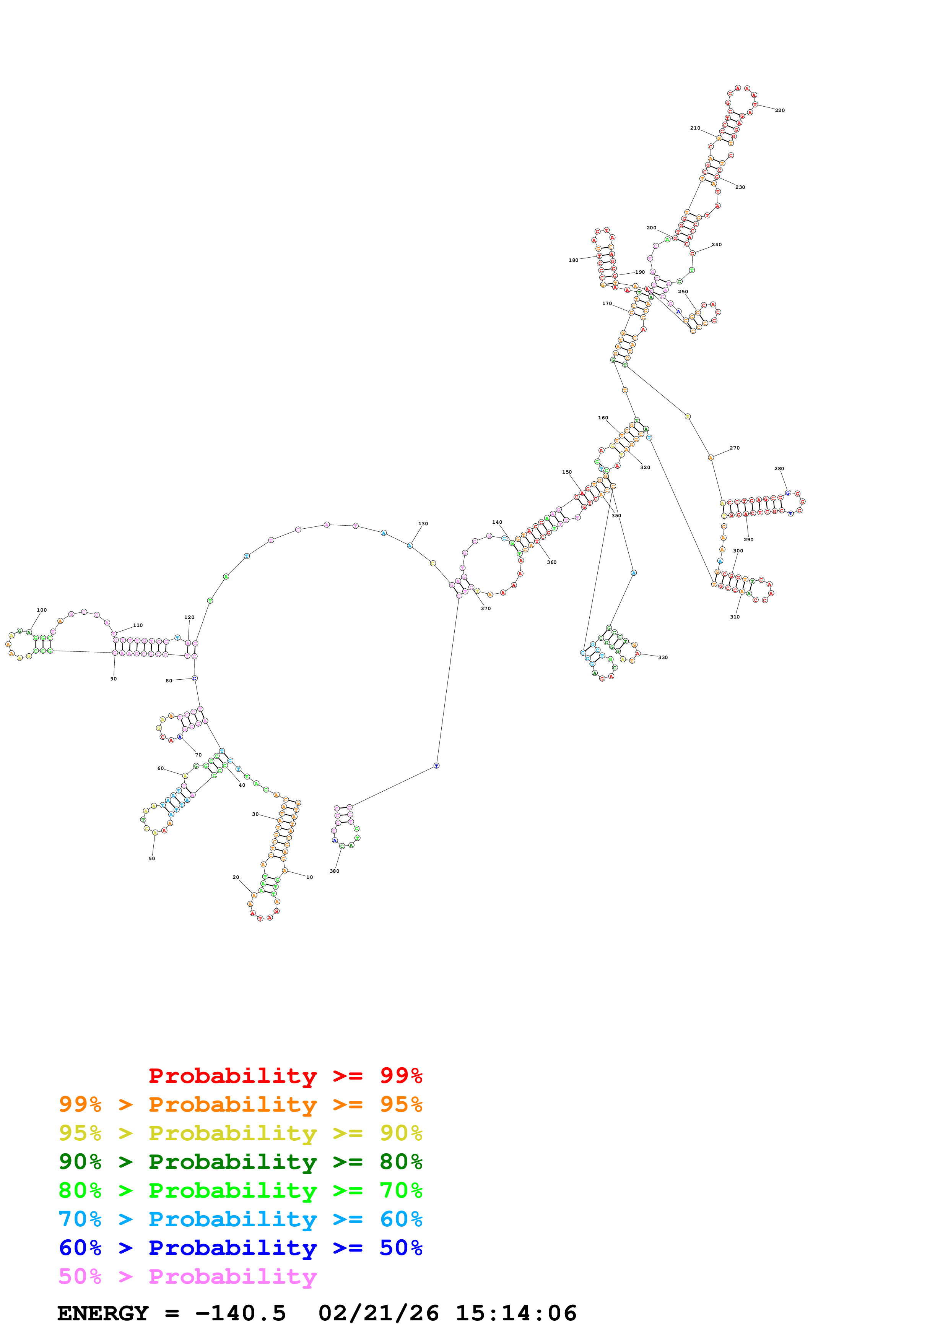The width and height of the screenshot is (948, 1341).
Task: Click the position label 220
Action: point(779,110)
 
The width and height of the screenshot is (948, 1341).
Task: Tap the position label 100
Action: point(41,610)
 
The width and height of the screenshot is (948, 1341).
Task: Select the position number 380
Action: point(334,871)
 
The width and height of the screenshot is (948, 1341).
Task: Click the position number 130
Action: point(423,523)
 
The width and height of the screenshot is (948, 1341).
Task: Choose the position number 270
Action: point(734,448)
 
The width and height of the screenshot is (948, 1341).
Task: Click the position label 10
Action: point(310,877)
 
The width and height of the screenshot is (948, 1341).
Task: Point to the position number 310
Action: point(734,617)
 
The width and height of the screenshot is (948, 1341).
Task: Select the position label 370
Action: point(485,609)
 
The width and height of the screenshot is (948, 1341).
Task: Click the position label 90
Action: point(113,679)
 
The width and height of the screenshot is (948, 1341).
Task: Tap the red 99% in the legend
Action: point(401,1075)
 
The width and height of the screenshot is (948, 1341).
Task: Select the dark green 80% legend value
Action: point(401,1162)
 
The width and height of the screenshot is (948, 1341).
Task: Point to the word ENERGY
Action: point(103,1313)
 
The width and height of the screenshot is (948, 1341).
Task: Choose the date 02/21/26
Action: point(379,1313)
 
